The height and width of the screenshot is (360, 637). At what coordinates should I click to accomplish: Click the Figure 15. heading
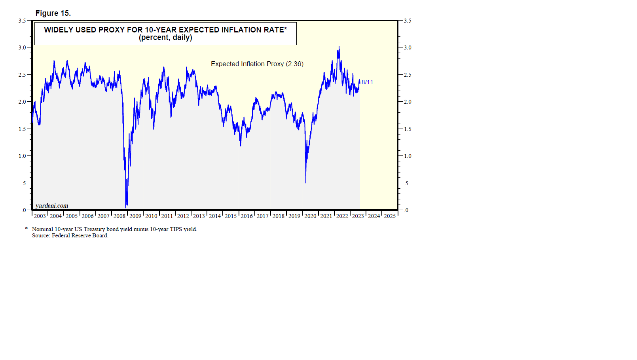click(53, 13)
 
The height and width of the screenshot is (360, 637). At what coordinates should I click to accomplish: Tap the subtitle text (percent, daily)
click(165, 38)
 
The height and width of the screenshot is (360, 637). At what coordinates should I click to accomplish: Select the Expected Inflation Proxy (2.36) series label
click(257, 64)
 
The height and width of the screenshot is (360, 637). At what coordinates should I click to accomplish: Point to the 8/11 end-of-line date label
click(367, 82)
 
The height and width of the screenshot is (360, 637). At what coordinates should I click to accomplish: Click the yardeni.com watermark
click(52, 206)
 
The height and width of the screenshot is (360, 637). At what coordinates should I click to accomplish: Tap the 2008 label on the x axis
click(119, 216)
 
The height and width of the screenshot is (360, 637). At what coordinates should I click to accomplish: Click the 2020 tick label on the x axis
click(310, 216)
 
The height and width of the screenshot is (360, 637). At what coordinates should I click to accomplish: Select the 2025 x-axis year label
click(390, 216)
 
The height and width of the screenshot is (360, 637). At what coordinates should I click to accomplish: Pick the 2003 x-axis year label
click(40, 216)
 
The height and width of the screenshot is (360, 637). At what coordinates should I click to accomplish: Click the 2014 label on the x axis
click(215, 216)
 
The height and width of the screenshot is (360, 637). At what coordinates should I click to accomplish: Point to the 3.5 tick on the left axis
click(22, 21)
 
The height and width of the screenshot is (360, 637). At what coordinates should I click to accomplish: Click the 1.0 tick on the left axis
click(22, 156)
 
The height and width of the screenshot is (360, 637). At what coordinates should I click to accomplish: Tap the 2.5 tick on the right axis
click(408, 75)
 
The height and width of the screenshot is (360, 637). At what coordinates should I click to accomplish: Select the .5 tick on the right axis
click(406, 183)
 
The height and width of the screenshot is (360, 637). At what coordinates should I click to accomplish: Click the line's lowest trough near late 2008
click(126, 207)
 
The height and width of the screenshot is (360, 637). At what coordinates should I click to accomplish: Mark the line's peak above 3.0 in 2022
click(339, 47)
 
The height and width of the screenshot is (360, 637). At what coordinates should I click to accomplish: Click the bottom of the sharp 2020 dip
click(306, 182)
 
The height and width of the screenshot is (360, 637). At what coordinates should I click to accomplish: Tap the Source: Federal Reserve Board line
click(70, 235)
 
